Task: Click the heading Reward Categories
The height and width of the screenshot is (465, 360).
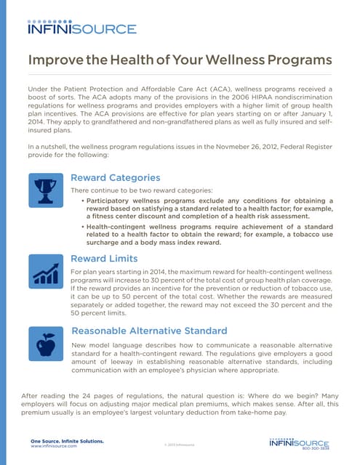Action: point(115,177)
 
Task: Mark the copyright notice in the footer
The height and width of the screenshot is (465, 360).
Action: point(179,443)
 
